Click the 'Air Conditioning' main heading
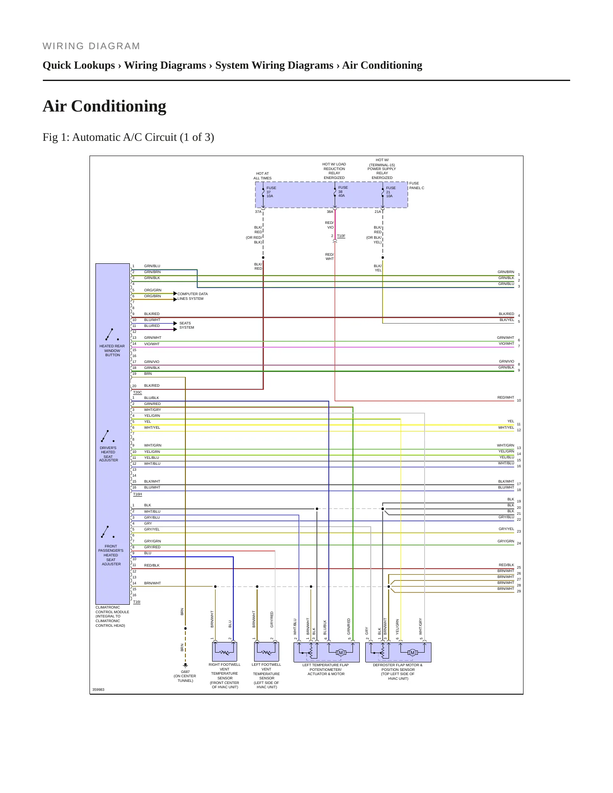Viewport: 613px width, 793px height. point(104,106)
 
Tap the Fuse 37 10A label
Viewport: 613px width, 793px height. point(271,192)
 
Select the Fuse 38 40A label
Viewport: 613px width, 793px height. point(343,191)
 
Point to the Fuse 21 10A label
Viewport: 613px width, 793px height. point(391,192)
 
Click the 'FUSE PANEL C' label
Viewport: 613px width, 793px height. point(417,186)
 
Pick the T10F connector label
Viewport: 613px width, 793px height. point(341,236)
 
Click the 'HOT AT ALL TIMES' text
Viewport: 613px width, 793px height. point(263,176)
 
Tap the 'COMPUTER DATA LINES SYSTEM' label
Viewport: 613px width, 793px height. point(193,296)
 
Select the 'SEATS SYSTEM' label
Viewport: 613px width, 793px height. point(187,325)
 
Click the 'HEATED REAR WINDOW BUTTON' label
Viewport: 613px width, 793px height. point(112,351)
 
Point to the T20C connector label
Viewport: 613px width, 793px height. point(137,392)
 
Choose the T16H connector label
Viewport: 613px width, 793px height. point(137,494)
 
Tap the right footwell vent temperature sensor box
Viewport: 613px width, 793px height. point(224,652)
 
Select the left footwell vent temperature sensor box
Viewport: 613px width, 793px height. point(266,652)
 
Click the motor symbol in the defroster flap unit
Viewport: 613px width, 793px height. point(412,653)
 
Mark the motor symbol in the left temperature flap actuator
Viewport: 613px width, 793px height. point(341,653)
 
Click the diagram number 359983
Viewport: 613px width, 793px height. point(98,690)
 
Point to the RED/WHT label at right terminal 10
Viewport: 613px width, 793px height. point(506,397)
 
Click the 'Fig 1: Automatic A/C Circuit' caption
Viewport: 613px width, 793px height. point(128,137)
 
